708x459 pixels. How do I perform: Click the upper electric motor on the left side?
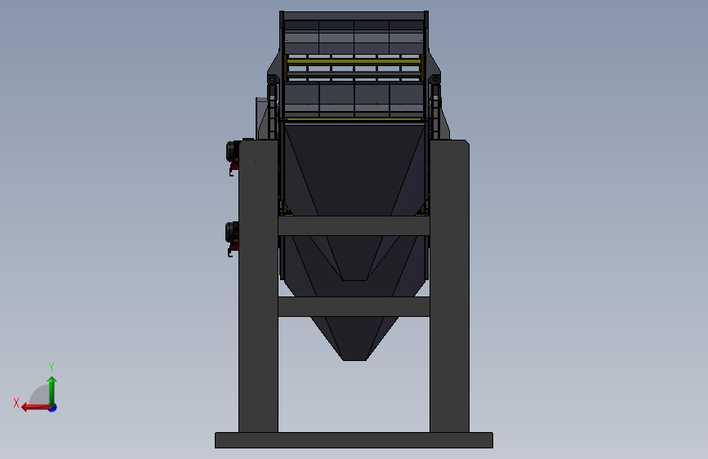click(x=233, y=151)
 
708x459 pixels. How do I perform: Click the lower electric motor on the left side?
click(x=233, y=233)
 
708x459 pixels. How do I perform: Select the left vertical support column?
click(x=258, y=286)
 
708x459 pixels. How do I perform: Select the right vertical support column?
click(x=449, y=286)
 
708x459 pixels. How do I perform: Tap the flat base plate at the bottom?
click(x=354, y=440)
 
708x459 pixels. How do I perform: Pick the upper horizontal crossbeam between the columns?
click(x=354, y=225)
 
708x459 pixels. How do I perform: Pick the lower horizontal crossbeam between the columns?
click(x=354, y=306)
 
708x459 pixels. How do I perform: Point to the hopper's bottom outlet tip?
click(x=354, y=359)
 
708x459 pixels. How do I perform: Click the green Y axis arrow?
click(x=52, y=390)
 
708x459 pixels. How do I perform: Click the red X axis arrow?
click(x=36, y=408)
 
